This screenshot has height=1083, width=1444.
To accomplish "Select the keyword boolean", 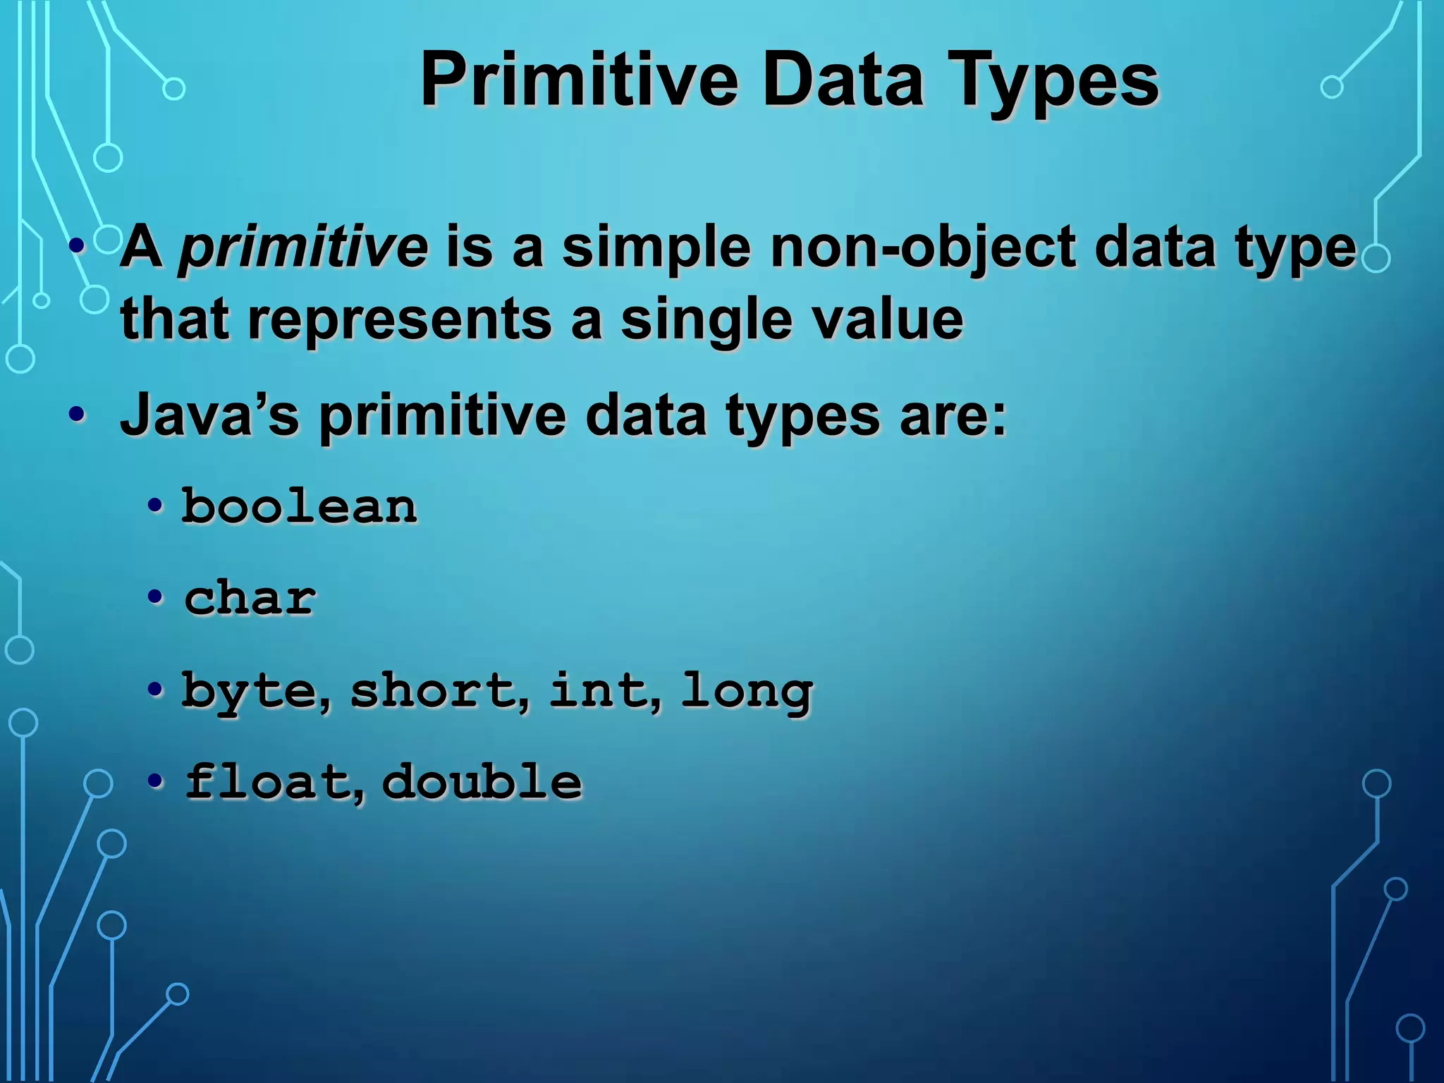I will [300, 506].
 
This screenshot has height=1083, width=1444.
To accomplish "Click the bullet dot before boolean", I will [155, 506].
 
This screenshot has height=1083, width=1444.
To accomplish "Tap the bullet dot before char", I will [155, 598].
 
